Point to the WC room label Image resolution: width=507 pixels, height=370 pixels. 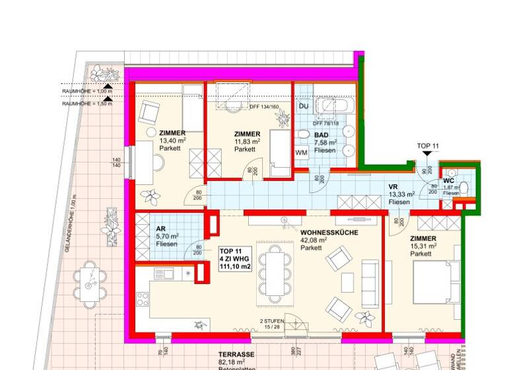click(448, 180)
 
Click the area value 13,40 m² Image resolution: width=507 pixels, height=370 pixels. click(172, 141)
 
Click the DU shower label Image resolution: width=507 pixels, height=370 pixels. click(304, 106)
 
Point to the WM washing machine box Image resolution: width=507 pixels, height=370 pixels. click(301, 153)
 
